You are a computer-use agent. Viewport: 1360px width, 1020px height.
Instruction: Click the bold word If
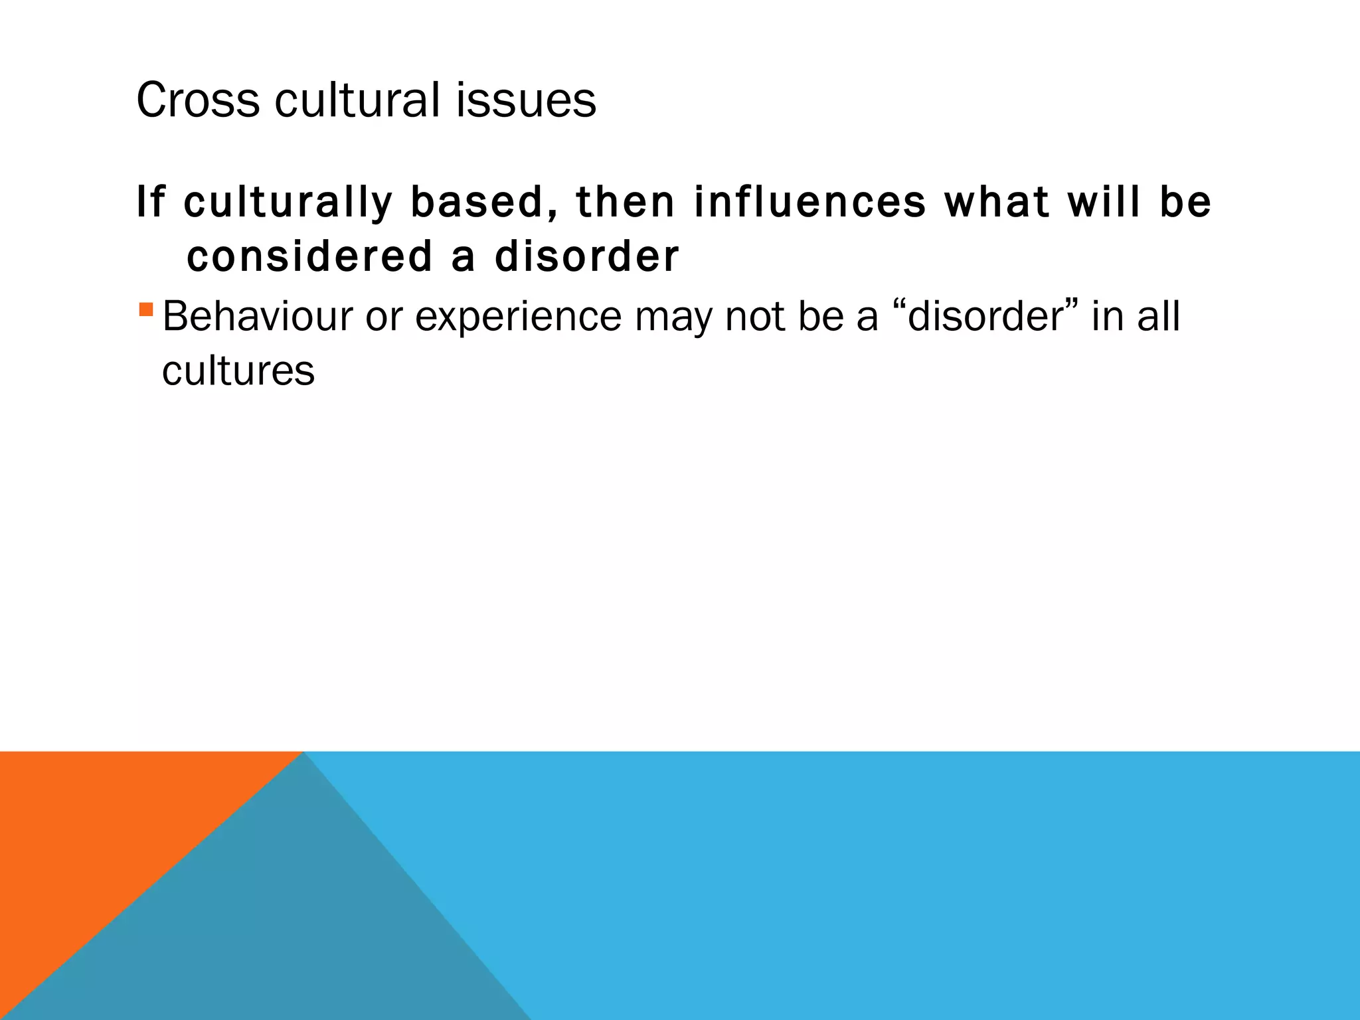150,202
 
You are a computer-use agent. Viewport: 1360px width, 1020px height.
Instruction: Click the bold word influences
809,202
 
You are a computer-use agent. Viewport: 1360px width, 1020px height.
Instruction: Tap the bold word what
996,202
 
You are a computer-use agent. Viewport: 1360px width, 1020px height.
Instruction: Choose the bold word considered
309,257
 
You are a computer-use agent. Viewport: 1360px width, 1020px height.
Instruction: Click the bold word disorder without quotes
587,257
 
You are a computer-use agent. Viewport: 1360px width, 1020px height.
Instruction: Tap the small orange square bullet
147,309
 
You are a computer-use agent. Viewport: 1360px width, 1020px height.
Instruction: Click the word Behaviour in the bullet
258,317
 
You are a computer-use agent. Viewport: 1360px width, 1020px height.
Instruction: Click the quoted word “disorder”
987,317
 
